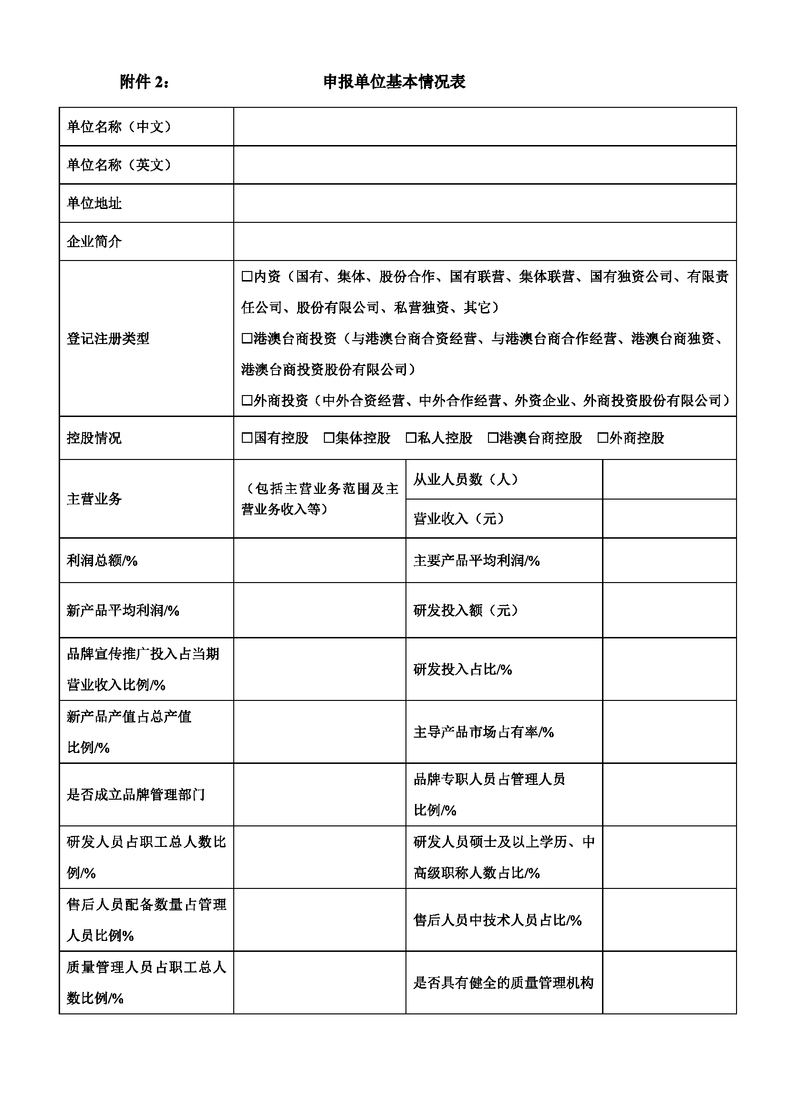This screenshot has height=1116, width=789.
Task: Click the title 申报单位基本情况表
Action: coord(394,82)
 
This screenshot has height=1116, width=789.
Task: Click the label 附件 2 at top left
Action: coord(144,82)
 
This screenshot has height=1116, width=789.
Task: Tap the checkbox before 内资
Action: coord(247,277)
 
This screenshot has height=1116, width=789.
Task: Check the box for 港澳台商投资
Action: coord(247,339)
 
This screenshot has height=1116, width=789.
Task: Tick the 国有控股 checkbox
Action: coord(247,438)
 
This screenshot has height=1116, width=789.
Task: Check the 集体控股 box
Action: coord(329,438)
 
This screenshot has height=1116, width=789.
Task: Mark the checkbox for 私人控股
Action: coord(411,438)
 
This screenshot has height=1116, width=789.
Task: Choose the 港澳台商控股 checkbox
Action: coord(493,438)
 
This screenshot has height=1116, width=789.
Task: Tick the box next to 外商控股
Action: coord(603,438)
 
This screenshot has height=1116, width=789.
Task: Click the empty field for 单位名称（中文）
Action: coord(484,127)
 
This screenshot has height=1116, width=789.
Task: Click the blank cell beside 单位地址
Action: coord(484,203)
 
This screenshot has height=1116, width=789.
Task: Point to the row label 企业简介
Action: coord(94,241)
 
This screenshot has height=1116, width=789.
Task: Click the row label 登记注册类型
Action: coord(108,339)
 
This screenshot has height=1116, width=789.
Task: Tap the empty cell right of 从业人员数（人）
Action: coord(669,480)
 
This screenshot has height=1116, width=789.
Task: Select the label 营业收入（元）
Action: coord(459,519)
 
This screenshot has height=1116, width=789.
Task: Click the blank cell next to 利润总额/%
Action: coord(319,561)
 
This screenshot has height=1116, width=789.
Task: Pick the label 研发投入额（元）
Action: coord(466,611)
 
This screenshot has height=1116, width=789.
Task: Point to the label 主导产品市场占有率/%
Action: coord(483,732)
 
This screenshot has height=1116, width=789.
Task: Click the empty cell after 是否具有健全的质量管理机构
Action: coord(669,983)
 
